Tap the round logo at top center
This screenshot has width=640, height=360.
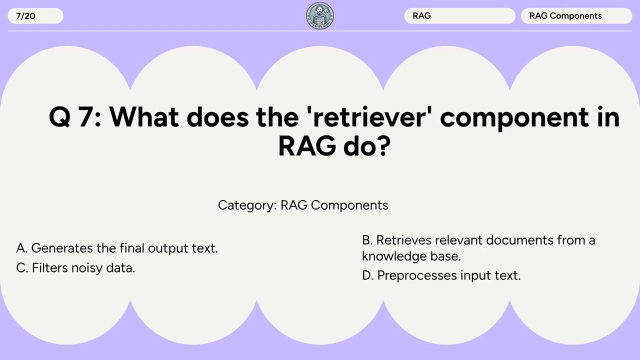320,16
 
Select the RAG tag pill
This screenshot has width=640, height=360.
459,16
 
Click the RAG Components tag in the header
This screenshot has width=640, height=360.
575,16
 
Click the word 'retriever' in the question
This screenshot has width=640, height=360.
372,117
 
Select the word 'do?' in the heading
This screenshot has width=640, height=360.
366,146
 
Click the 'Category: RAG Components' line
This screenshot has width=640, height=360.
303,205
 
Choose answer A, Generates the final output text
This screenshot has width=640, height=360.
117,248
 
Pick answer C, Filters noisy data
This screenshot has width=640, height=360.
75,268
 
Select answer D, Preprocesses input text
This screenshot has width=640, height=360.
441,275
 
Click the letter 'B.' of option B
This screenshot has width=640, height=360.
367,240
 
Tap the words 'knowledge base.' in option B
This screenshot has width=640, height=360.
411,256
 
